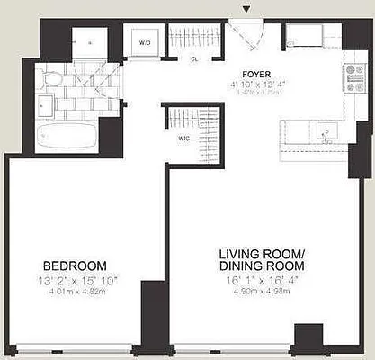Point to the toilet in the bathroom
(x=51, y=79)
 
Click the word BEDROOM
(x=76, y=265)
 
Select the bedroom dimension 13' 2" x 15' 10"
(x=76, y=280)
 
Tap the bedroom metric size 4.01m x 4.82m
(x=76, y=292)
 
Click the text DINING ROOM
(x=263, y=266)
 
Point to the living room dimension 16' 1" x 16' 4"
(x=263, y=280)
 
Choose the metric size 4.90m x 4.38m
(x=263, y=292)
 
